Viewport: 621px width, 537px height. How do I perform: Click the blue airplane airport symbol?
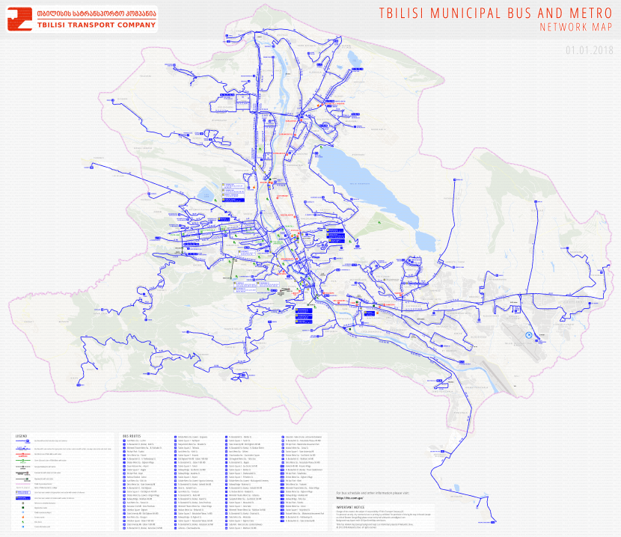click(x=528, y=334)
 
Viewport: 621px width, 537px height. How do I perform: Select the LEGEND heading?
click(x=21, y=435)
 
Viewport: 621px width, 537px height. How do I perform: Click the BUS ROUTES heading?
click(x=131, y=435)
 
